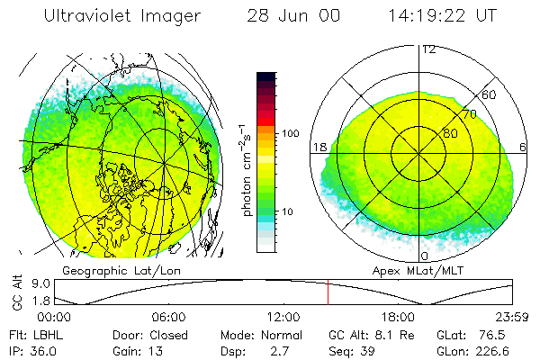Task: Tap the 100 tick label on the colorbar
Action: [290, 133]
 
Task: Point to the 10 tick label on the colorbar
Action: [287, 211]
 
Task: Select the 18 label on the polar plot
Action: [319, 148]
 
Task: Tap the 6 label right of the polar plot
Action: [524, 148]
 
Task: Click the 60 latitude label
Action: [490, 94]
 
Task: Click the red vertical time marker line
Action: [328, 292]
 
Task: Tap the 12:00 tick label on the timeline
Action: [283, 317]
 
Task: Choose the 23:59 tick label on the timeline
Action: [513, 317]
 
